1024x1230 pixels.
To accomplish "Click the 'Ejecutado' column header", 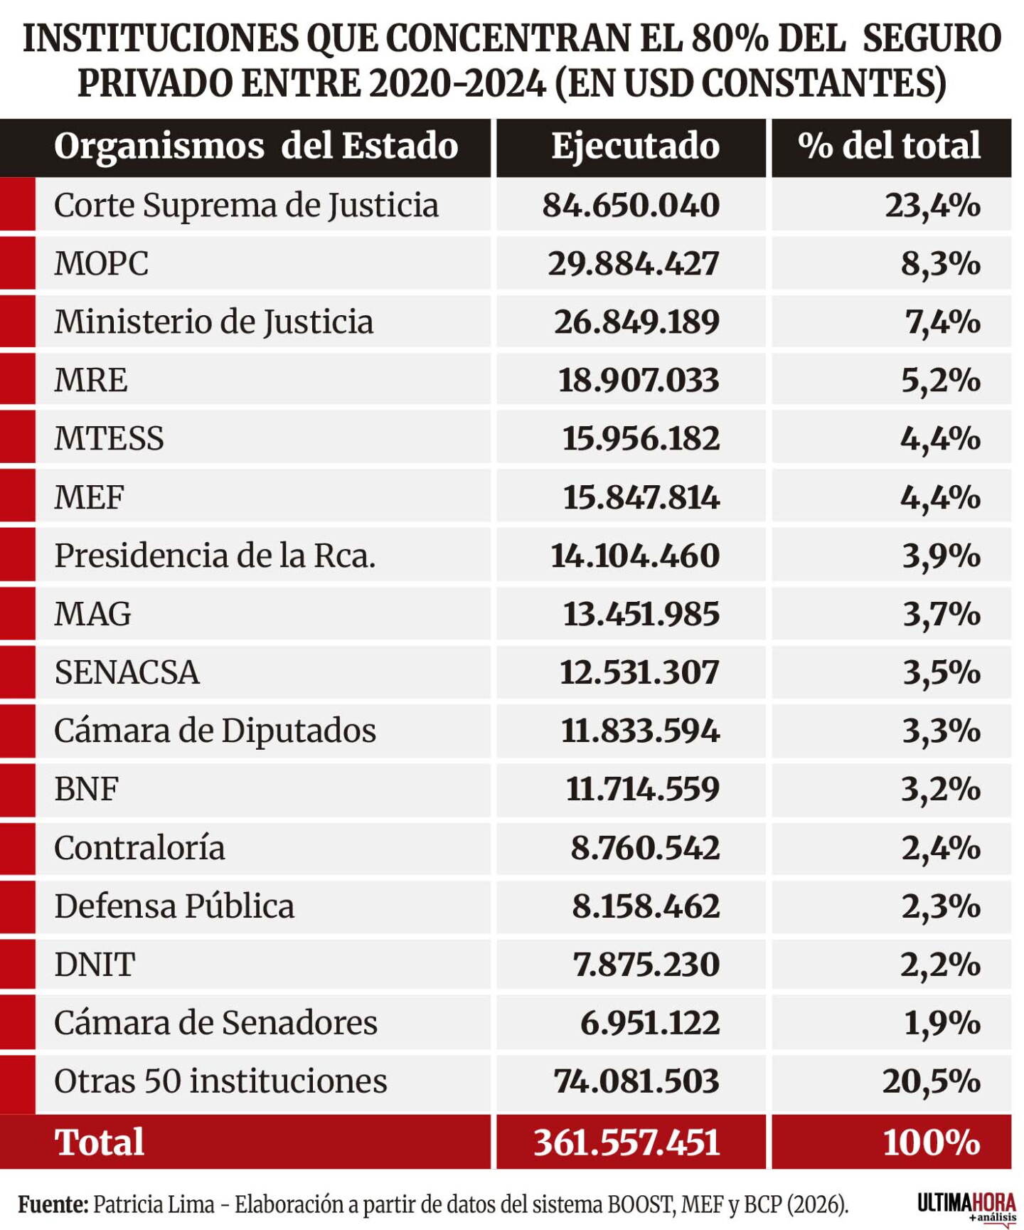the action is [635, 147].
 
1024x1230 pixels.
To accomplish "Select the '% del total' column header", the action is [889, 146].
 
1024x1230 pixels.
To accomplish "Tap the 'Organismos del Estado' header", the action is [256, 147].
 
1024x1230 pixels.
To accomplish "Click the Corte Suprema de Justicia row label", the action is [246, 206].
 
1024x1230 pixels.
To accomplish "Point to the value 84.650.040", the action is [631, 206].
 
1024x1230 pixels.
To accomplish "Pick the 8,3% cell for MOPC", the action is [941, 265].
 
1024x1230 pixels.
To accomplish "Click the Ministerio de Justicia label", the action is [213, 322].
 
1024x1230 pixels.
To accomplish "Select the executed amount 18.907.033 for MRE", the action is [638, 381].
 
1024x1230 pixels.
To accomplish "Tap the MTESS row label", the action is [109, 439].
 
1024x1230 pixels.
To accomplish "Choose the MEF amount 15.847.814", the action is [641, 497].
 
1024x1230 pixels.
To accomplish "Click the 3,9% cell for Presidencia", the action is [942, 556].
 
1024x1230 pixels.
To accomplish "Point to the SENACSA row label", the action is [127, 673].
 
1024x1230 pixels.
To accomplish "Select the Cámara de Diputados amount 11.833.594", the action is [640, 731].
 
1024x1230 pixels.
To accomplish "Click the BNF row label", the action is [86, 790].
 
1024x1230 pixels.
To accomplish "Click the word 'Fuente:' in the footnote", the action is [53, 1205].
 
